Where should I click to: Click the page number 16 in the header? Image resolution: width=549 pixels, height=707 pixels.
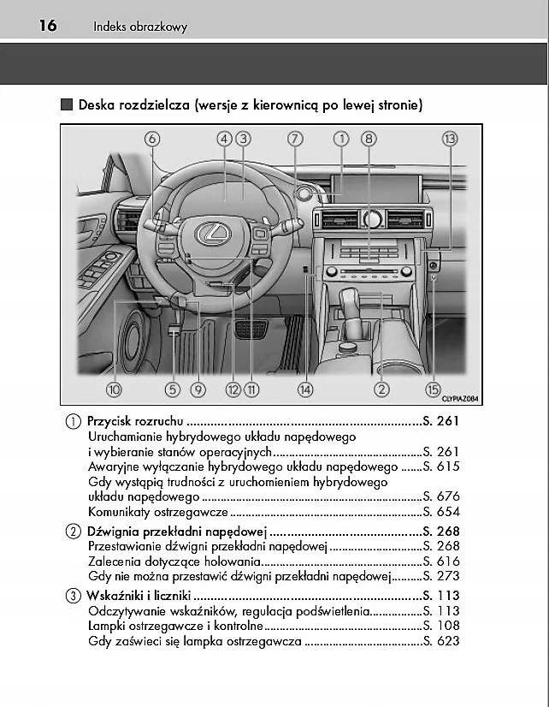[47, 26]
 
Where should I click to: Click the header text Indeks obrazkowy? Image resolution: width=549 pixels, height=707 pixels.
[140, 27]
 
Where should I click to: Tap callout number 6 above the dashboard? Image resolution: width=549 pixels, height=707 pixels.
[152, 139]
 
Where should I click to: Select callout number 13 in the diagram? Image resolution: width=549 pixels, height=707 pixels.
[450, 139]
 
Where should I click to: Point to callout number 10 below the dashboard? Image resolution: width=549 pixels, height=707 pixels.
[114, 389]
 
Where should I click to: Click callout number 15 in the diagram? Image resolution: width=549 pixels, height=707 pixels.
[434, 389]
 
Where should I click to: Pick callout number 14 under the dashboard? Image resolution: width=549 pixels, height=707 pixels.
[305, 389]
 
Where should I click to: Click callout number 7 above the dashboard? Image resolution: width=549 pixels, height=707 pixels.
[295, 139]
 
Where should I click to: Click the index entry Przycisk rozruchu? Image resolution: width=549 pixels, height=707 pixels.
[135, 421]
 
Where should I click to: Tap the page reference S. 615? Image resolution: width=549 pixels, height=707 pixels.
[441, 466]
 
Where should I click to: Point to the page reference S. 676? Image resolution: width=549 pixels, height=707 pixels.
[441, 496]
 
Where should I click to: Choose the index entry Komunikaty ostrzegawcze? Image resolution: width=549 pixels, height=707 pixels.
[158, 511]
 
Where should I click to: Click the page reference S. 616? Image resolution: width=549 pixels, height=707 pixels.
[441, 561]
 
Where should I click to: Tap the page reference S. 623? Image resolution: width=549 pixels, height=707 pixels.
[441, 641]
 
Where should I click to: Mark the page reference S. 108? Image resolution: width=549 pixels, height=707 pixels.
[441, 626]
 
